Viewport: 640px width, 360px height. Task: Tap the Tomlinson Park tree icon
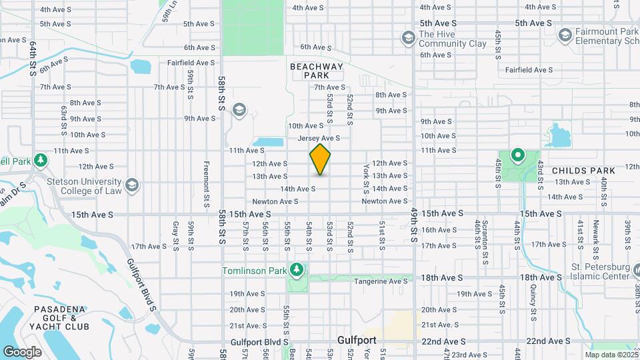(297, 270)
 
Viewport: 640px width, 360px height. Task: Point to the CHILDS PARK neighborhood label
(583, 171)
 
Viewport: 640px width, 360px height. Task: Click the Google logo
(22, 352)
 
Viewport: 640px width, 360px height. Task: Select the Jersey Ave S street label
(319, 139)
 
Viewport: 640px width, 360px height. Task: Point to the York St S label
(366, 176)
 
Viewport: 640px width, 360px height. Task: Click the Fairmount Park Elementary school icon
(565, 34)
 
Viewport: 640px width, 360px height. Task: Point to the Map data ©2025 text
(610, 355)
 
